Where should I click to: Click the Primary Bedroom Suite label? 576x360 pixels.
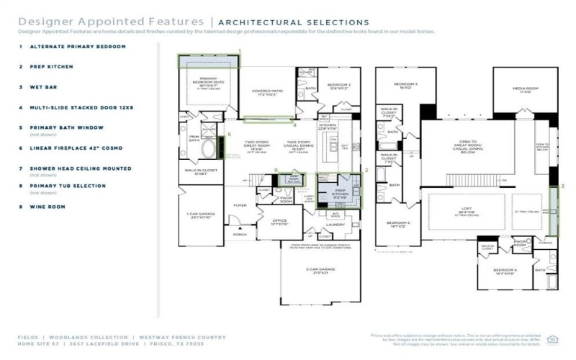[x=208, y=80]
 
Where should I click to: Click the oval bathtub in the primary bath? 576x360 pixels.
[x=208, y=149]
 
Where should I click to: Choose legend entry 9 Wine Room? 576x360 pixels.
[x=48, y=206]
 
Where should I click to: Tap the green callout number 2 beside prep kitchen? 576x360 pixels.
[x=366, y=171]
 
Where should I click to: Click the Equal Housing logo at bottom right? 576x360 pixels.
[x=553, y=338]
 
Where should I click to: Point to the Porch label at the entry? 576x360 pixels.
[x=239, y=233]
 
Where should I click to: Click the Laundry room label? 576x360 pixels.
[x=336, y=225]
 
